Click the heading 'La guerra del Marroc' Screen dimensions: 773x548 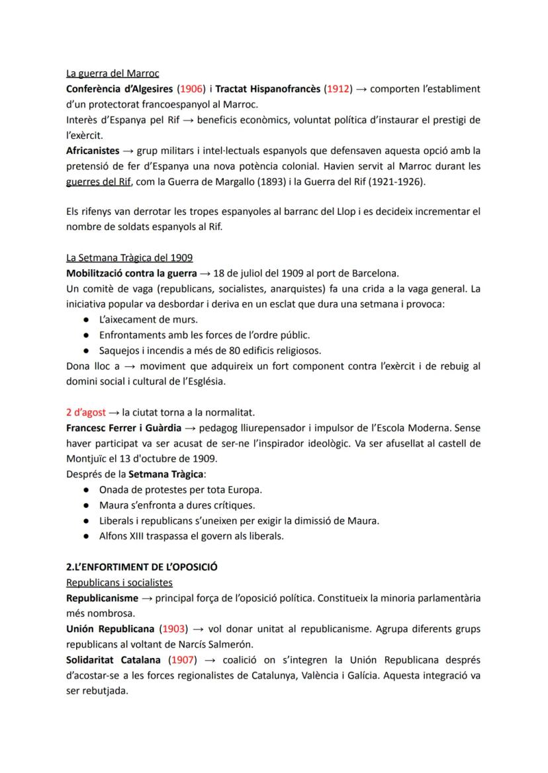(112, 73)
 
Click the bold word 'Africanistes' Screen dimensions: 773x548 (92, 151)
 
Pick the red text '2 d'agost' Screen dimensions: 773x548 (86, 413)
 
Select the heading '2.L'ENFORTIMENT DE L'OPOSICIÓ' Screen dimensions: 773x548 (142, 567)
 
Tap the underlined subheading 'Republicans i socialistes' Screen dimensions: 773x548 (119, 583)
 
